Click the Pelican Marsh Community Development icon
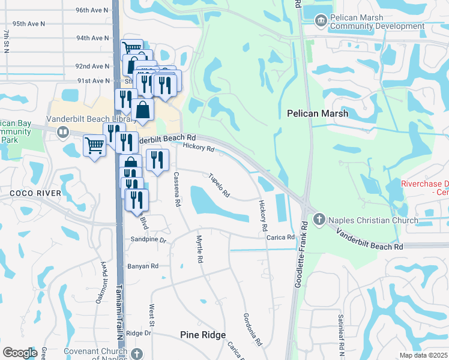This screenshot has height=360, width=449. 321,22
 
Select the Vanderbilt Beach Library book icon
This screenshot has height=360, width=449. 62,131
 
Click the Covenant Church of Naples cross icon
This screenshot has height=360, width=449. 137,354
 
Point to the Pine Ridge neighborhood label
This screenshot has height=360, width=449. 203,335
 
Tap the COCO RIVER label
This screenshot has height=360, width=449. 35,193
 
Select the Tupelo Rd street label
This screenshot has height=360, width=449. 219,185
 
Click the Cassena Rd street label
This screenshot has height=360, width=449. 177,189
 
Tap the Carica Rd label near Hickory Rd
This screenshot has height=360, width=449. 281,237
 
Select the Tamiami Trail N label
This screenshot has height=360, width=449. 120,312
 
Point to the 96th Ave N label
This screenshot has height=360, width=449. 92,10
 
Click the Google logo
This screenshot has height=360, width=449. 20,353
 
